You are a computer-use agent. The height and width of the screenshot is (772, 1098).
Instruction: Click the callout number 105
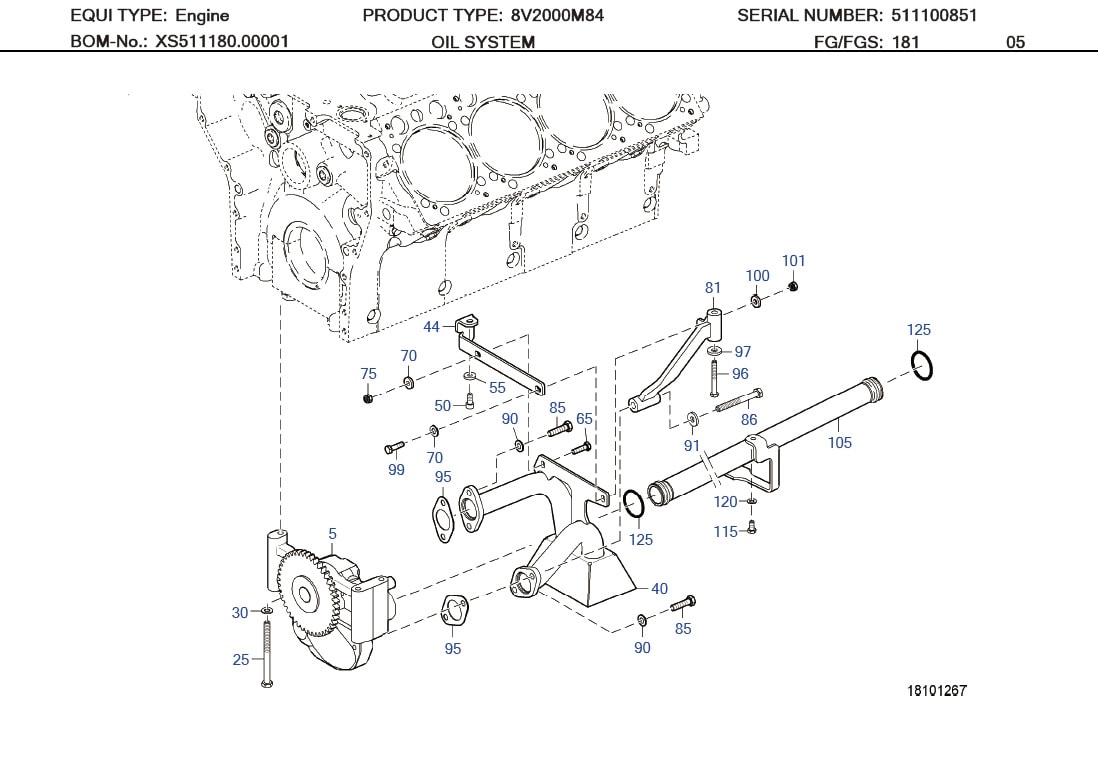[839, 442]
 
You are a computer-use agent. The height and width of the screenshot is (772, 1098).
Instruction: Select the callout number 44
[431, 327]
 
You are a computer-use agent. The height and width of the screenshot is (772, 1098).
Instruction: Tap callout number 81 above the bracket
[712, 288]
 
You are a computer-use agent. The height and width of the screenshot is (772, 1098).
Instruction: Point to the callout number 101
[793, 261]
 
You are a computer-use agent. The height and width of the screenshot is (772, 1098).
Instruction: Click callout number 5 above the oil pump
[333, 534]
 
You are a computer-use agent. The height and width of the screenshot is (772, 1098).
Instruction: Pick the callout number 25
[241, 660]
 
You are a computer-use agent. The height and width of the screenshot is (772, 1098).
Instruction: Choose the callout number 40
[659, 589]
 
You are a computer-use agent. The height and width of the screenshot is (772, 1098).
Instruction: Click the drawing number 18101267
[937, 691]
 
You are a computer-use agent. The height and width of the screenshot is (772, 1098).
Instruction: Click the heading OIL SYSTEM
[483, 42]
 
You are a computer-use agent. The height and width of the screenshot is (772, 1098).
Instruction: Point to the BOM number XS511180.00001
[222, 42]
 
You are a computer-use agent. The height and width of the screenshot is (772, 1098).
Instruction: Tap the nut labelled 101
[793, 287]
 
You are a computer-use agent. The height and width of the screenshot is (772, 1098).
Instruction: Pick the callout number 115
[726, 532]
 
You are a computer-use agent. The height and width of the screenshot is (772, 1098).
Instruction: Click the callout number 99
[396, 470]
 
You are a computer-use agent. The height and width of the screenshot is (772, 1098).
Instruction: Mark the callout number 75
[368, 374]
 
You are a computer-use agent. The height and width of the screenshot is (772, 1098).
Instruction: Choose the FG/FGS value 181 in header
[905, 42]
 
